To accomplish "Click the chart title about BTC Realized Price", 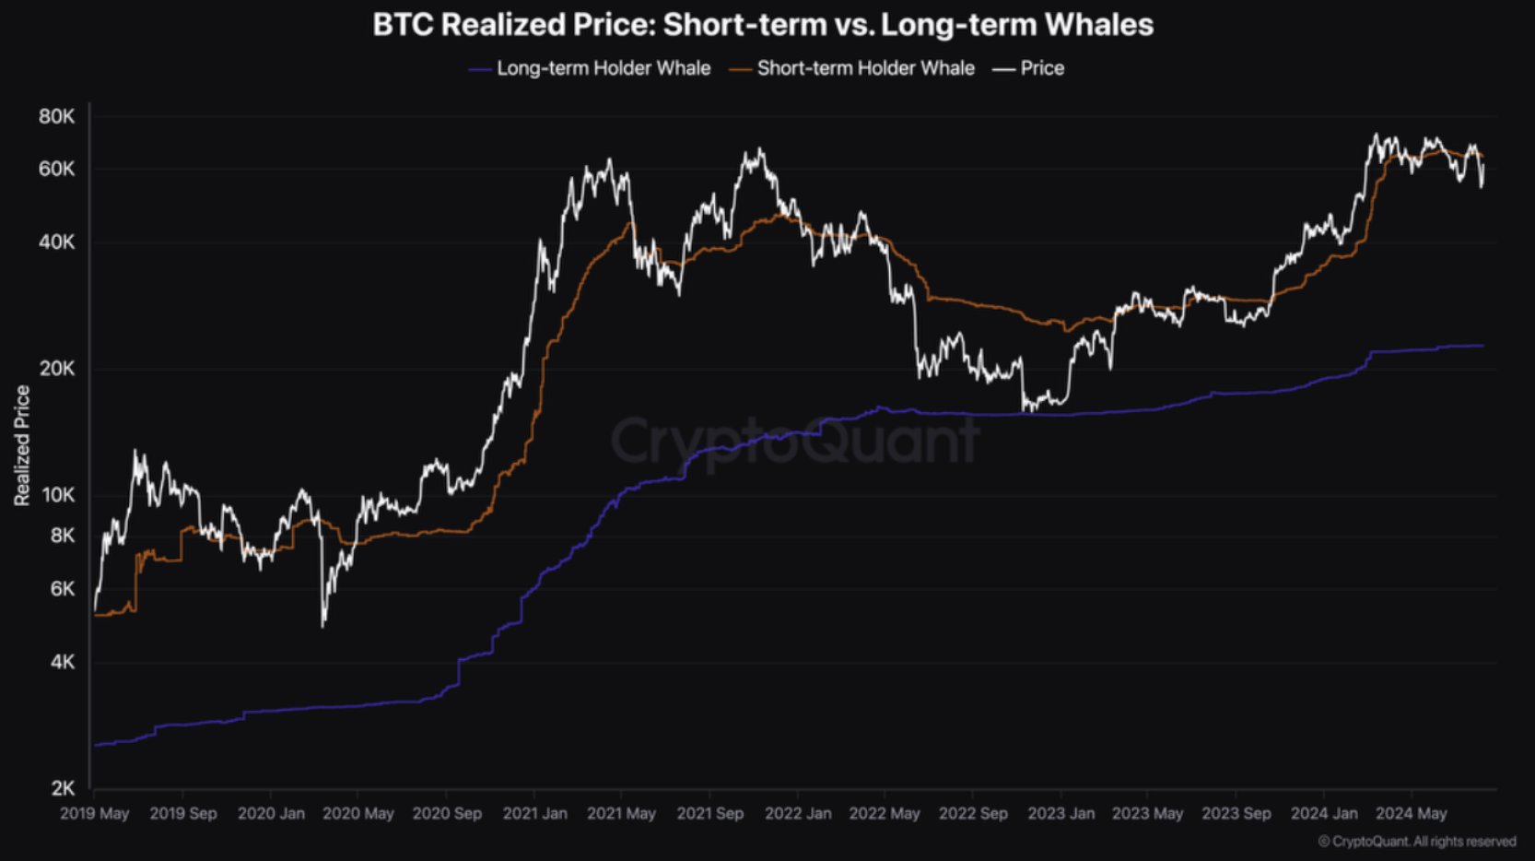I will coord(763,25).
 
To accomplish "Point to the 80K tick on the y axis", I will coord(56,116).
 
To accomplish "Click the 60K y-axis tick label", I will coord(56,169).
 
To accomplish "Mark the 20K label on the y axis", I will coord(56,369).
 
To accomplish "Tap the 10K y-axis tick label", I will coord(58,495).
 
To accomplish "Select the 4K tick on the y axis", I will coord(62,662).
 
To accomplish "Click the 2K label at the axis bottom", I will coord(62,788).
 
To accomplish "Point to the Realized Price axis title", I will coord(22,445).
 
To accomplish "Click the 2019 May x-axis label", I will coord(95,814).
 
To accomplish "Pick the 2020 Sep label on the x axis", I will coord(447,814).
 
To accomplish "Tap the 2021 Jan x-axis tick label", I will coord(534,814).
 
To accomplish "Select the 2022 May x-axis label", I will coord(885,814).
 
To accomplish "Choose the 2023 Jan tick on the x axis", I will coord(1060,814).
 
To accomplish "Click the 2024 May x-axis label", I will coord(1411,814).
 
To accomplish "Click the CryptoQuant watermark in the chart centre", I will coord(794,441).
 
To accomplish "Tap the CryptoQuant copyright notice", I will coord(1417,842).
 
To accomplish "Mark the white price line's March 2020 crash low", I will coord(322,626).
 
